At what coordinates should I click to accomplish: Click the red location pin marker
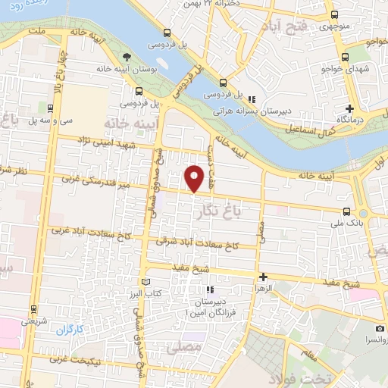tap(196, 179)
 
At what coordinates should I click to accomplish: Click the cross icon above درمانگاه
tap(349, 108)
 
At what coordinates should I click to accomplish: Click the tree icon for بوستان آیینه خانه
tap(128, 57)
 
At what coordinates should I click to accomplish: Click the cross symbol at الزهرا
tap(263, 277)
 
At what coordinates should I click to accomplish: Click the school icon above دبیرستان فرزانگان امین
tap(211, 289)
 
